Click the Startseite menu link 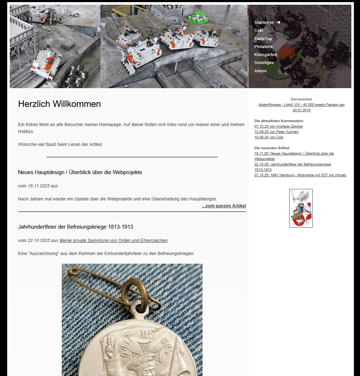tap(264, 22)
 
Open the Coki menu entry tap(259, 30)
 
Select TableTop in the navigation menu tap(263, 39)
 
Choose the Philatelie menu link tap(263, 47)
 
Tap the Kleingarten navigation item tap(265, 55)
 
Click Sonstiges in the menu tap(264, 62)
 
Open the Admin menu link tap(260, 71)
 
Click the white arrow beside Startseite tap(278, 22)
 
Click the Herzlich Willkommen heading tap(59, 104)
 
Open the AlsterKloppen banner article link tap(301, 105)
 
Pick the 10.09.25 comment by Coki tap(269, 137)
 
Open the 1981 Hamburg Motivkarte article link tap(300, 175)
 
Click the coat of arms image tap(301, 208)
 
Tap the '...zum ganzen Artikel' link tap(224, 206)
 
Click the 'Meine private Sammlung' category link tap(113, 241)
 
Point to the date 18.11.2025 tap(39, 186)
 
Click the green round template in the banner tap(198, 18)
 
